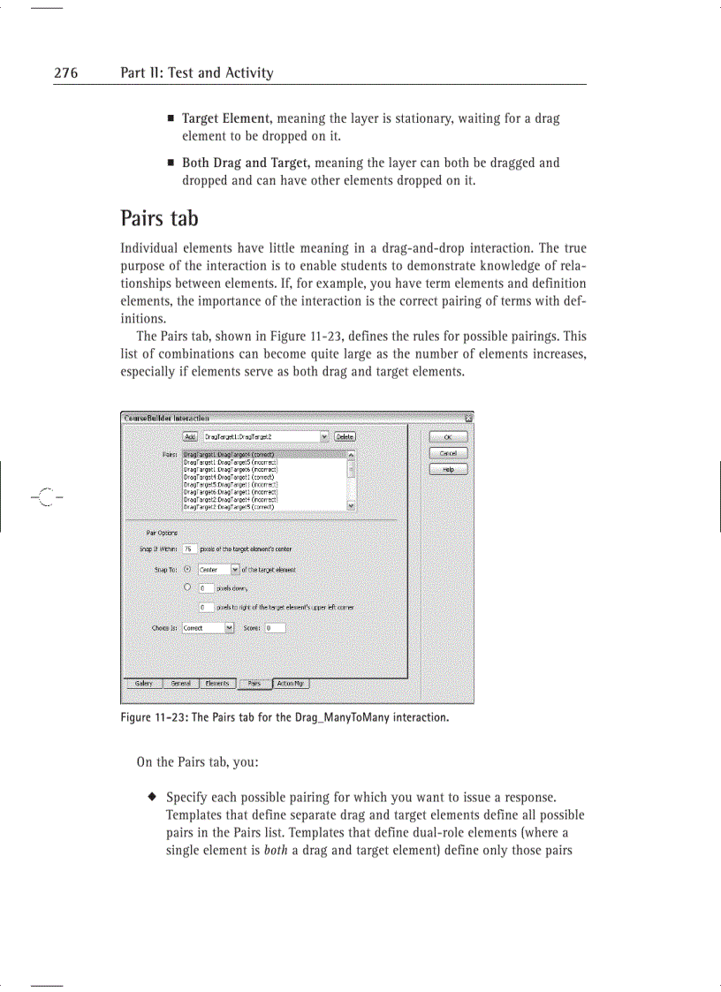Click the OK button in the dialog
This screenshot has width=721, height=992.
(448, 436)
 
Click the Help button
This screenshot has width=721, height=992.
(448, 469)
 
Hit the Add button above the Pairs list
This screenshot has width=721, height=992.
(190, 436)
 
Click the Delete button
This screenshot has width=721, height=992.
(345, 436)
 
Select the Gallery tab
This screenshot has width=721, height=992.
(143, 683)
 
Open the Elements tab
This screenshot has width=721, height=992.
(216, 683)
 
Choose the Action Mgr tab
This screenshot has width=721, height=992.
(292, 683)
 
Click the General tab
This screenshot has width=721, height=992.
(180, 683)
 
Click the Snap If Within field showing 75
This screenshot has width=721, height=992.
(189, 549)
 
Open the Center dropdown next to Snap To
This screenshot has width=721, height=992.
(235, 570)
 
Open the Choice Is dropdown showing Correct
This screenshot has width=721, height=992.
(230, 628)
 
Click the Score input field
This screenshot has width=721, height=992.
(274, 628)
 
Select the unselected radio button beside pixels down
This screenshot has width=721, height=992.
(186, 587)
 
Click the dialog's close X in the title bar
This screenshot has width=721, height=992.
(468, 418)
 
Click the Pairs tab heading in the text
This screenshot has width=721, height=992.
(159, 217)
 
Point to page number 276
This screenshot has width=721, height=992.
(65, 73)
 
